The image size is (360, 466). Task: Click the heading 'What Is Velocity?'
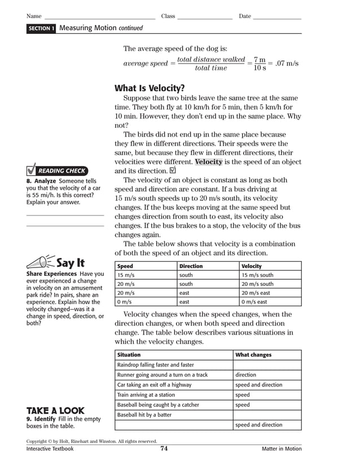coord(149,88)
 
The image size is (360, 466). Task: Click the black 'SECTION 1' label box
coord(41,28)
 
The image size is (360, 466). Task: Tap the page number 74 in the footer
coord(164,449)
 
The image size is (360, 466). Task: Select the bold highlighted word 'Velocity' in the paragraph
coord(209,162)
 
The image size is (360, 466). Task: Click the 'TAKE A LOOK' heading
coord(55,410)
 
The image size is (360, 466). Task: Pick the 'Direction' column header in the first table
coord(191,266)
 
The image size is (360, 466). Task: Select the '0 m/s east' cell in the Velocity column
coord(254,302)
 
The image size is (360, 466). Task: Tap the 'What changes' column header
coord(253,355)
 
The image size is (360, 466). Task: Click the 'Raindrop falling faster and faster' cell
coord(155,365)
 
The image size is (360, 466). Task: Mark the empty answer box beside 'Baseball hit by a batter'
coord(266,415)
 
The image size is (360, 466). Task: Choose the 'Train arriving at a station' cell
coord(146,395)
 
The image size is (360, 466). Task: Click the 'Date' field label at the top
coord(245,16)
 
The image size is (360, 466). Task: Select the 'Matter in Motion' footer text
coord(281,449)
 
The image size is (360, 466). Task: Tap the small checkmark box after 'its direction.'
coord(173,170)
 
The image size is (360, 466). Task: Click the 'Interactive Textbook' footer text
coord(50,449)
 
